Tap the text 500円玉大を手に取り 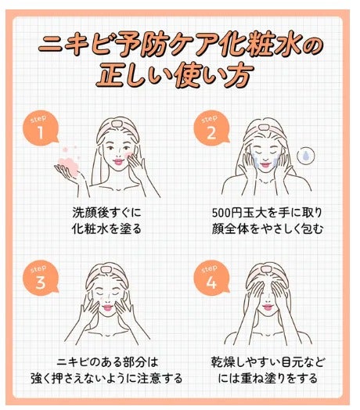(x=268, y=212)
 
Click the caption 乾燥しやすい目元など (x=268, y=361)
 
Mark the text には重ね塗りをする (x=268, y=378)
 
